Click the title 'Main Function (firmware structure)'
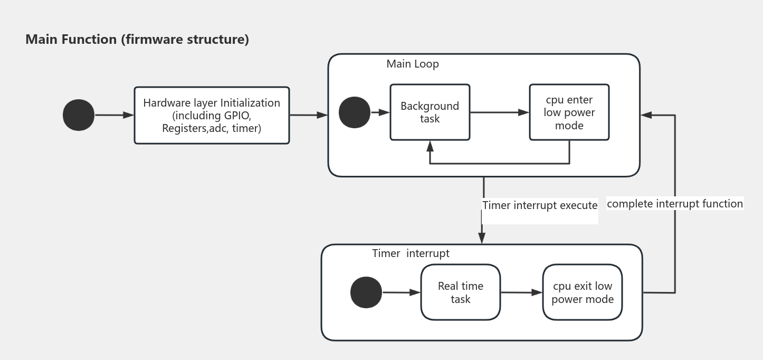[137, 40]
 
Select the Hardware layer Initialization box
[212, 115]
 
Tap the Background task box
[430, 112]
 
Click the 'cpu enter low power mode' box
[569, 112]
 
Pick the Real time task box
[460, 292]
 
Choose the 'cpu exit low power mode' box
[582, 292]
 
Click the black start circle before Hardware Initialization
[79, 115]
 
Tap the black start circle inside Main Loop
[354, 112]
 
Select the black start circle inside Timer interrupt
[366, 292]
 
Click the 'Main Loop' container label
[413, 64]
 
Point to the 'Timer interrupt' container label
[411, 253]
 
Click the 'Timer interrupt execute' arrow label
[540, 205]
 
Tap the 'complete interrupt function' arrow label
[674, 204]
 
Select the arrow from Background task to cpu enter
[499, 112]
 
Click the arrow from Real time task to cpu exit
[521, 292]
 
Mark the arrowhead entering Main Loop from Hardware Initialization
[322, 115]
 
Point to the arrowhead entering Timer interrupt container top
[481, 239]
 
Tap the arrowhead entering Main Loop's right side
[646, 115]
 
